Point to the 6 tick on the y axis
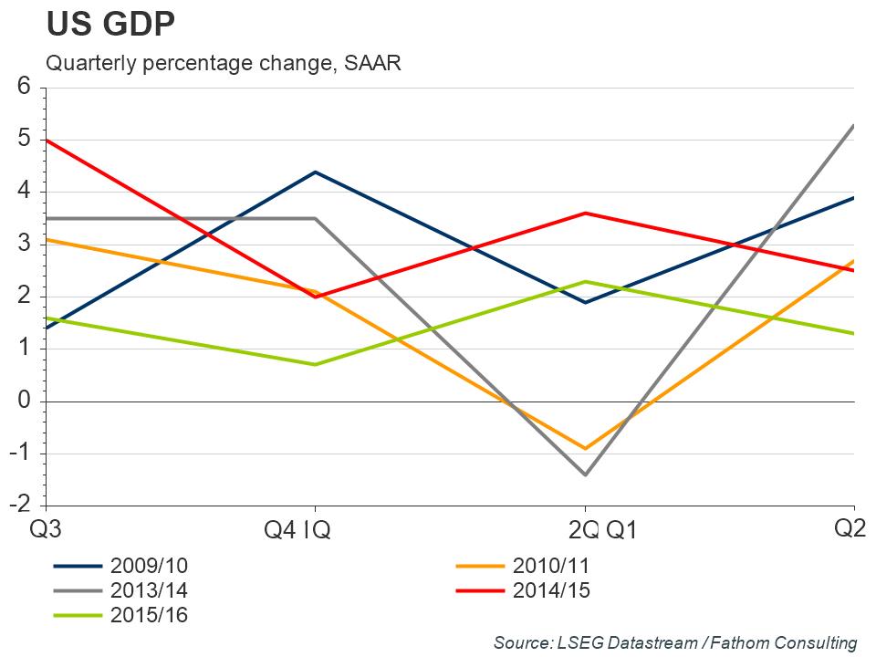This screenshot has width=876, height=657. point(25,87)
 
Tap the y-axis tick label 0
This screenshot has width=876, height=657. point(25,401)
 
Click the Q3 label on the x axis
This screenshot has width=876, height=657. point(47,529)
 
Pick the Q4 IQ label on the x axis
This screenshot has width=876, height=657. point(297,530)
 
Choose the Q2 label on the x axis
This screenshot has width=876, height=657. point(850,527)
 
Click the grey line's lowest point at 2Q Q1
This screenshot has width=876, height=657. point(585,475)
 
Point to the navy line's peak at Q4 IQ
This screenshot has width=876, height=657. point(315,172)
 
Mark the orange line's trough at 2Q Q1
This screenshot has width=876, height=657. point(585,449)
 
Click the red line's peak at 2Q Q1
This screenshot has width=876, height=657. point(585,213)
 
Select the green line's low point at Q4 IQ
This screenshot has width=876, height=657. point(315,365)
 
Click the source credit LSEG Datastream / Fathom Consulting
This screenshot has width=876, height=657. point(675,642)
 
